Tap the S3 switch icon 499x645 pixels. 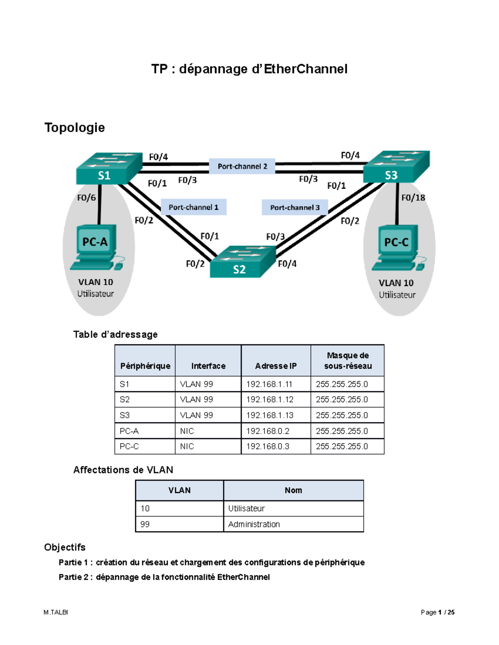point(395,167)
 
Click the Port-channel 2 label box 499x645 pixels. point(242,167)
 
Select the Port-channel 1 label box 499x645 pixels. point(193,207)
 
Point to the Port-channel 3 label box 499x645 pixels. point(295,207)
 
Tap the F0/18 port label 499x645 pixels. point(413,198)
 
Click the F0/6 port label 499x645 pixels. point(86,198)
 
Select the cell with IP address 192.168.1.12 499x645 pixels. point(275,400)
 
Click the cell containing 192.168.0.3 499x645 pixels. point(275,446)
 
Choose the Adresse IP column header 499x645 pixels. point(275,366)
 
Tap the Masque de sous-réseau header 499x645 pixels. point(348,361)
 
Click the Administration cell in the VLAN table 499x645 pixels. point(293,524)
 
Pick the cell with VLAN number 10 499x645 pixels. point(179,508)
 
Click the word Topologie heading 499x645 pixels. point(74,128)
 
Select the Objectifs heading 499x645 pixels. point(65,547)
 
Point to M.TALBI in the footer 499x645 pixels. point(56,612)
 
